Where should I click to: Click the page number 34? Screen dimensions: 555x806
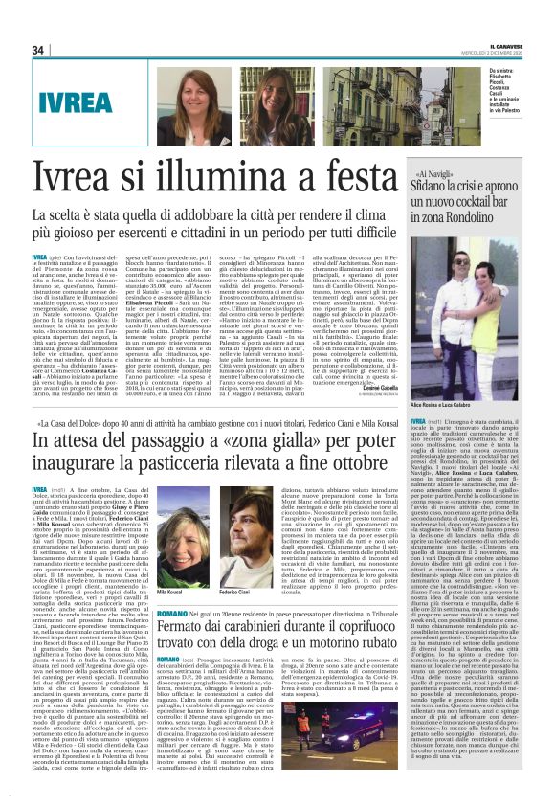(38, 50)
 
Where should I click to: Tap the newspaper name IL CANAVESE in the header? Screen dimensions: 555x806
(497, 46)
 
